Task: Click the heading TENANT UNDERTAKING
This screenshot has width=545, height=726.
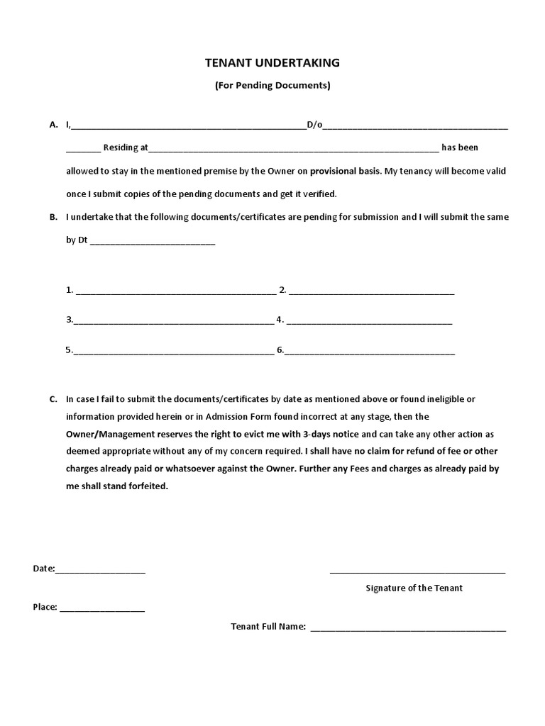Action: [272, 63]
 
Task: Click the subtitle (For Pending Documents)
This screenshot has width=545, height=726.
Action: [272, 86]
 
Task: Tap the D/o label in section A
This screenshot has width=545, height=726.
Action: [314, 125]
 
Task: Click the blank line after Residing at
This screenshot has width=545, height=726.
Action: [293, 149]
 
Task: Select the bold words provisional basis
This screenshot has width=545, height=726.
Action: [345, 172]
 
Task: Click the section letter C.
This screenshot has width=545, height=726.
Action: [53, 399]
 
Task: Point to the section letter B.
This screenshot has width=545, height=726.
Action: [53, 218]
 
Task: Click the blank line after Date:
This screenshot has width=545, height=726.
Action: [100, 570]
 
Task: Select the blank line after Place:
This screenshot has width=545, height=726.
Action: [102, 608]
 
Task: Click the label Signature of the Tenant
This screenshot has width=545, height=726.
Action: [414, 588]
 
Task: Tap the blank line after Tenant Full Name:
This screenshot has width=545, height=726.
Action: [408, 628]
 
